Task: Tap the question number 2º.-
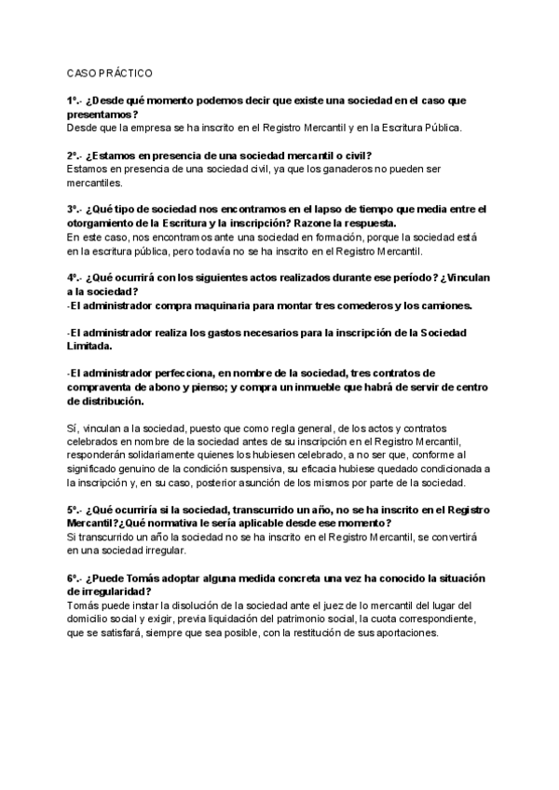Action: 75,155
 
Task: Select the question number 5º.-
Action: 75,511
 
